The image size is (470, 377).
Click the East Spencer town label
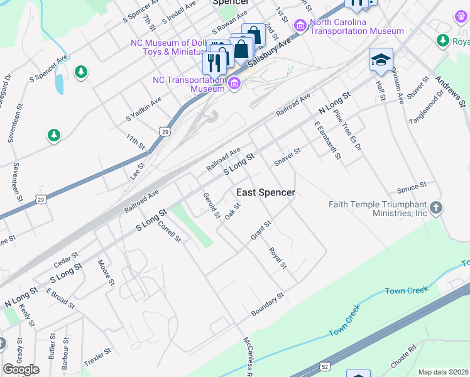(x=265, y=192)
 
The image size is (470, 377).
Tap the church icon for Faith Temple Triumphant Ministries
(x=437, y=207)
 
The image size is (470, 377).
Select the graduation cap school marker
(x=381, y=60)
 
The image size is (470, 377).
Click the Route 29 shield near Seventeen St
(x=41, y=199)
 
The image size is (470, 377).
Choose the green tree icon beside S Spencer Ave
(x=80, y=72)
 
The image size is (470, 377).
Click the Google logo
(x=21, y=369)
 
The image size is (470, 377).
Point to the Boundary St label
(x=268, y=304)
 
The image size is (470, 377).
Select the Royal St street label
(x=277, y=258)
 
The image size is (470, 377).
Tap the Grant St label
(x=261, y=230)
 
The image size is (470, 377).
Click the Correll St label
(x=169, y=232)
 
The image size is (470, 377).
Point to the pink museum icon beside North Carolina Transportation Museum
(x=300, y=25)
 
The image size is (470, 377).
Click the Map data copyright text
(x=443, y=372)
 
